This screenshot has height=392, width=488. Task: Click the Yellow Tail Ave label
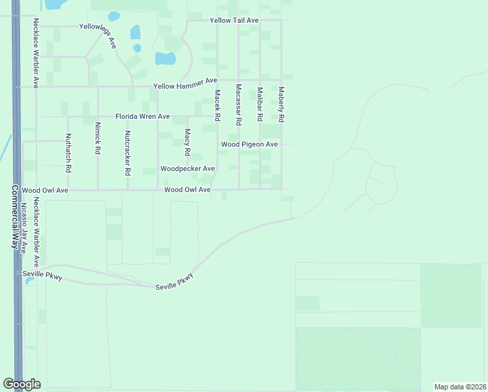pos(234,21)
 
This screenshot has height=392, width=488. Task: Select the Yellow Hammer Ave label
pos(185,84)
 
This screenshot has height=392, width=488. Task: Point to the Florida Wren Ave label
pos(143,116)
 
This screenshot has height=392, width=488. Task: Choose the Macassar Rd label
pos(239,105)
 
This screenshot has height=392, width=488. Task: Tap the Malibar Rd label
pos(260,105)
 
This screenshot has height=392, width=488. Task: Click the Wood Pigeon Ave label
pos(249,144)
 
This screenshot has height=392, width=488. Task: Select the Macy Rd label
pos(187,142)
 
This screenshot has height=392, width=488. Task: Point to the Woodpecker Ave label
pos(188,169)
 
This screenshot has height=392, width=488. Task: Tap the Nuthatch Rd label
pos(68,153)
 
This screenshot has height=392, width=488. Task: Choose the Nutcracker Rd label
pos(127,154)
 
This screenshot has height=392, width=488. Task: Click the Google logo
pos(22,384)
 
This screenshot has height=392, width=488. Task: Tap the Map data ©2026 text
pos(459,387)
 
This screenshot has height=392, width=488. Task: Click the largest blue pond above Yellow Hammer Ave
pos(165,58)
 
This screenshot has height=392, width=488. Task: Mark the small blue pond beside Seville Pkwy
pos(29,281)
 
